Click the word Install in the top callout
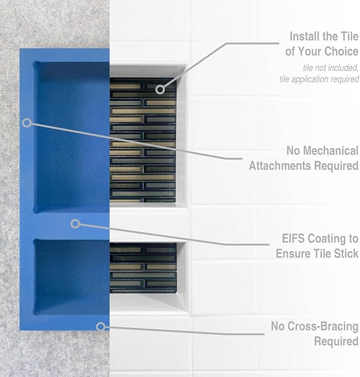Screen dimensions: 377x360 point(305,37)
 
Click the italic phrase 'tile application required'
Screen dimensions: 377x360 point(319,79)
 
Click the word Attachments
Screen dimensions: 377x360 point(280,166)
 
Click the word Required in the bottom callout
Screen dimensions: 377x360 point(336,342)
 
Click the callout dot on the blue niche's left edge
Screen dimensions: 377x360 point(27,122)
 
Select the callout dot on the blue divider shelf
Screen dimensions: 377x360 point(75,223)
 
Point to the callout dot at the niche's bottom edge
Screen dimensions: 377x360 point(100,327)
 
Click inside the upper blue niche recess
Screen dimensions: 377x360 point(72,138)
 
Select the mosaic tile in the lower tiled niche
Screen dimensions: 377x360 point(143,267)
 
